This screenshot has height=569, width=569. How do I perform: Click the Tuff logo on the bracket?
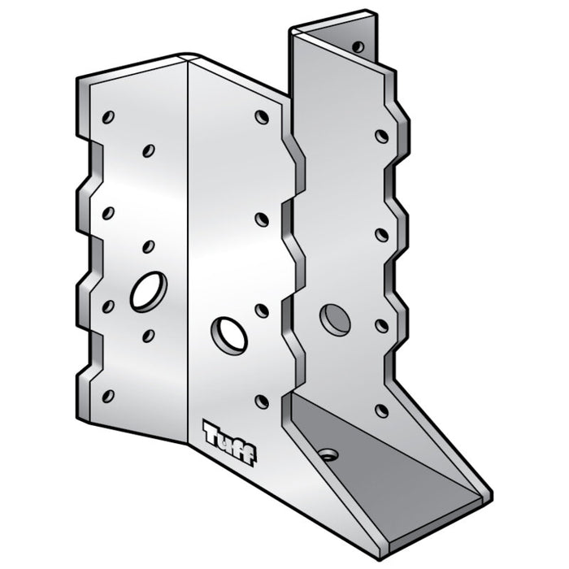tap(228, 443)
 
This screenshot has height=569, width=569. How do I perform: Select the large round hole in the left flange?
tap(148, 290)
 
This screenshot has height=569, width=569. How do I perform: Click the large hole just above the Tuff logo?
tap(229, 335)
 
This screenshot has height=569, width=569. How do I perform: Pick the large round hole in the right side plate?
tap(335, 319)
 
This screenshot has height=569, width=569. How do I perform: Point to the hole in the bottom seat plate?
tap(328, 454)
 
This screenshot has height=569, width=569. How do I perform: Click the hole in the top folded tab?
tap(358, 46)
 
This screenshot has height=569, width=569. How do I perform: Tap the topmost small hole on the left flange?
tap(108, 117)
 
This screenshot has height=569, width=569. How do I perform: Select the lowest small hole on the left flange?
tap(107, 396)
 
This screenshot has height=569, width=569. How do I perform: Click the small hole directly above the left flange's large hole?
tap(148, 245)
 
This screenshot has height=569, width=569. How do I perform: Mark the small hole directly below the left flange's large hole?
tap(148, 335)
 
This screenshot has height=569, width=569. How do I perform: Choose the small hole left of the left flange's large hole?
tap(108, 306)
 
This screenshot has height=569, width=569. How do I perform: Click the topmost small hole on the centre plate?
tap(262, 117)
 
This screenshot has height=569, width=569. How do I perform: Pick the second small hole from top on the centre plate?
tap(262, 219)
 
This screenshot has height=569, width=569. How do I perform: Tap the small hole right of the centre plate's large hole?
tap(262, 311)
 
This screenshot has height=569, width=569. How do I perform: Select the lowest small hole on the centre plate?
tap(262, 401)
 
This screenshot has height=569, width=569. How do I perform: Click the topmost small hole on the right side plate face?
tap(381, 136)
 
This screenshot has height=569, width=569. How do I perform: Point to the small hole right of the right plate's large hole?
tap(381, 326)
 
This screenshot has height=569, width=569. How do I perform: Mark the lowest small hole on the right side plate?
tap(381, 410)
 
